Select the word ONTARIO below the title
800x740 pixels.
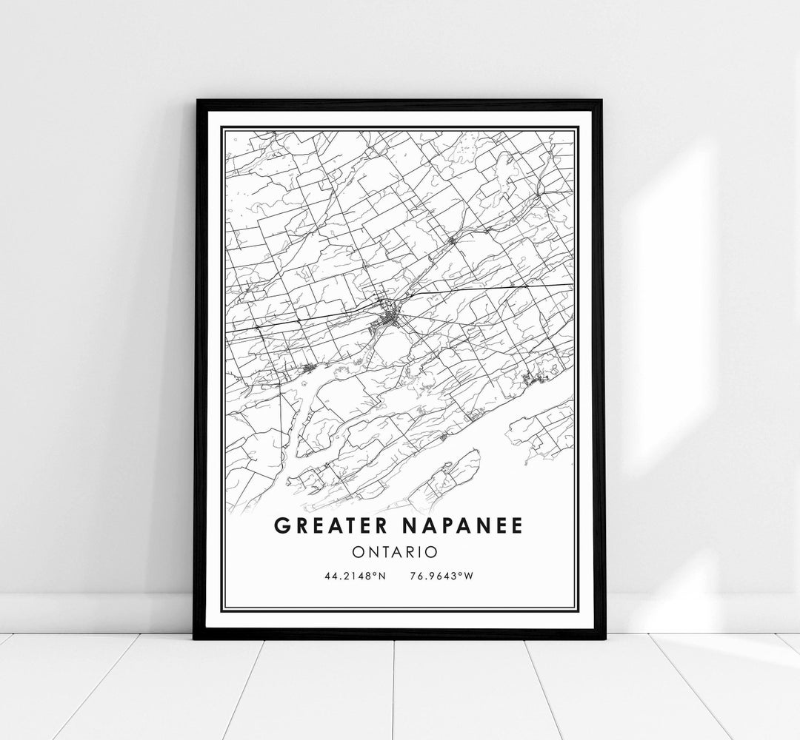click(399, 551)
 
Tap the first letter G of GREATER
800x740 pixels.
click(281, 526)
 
